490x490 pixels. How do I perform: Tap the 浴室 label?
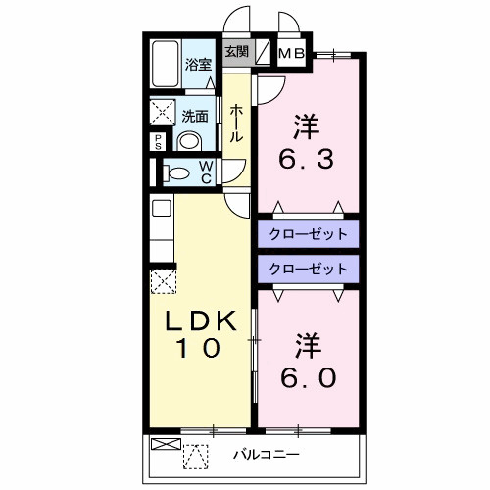(199, 66)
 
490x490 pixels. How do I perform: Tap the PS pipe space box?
(158, 140)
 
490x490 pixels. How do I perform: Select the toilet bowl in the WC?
(178, 173)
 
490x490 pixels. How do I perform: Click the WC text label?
(208, 172)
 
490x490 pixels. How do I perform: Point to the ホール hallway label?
(237, 124)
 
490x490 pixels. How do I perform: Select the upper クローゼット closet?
(308, 234)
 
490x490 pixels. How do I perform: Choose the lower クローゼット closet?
(308, 268)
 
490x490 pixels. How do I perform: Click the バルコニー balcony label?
(267, 455)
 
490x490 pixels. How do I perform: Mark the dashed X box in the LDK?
(162, 281)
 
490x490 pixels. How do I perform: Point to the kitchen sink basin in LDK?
(161, 207)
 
